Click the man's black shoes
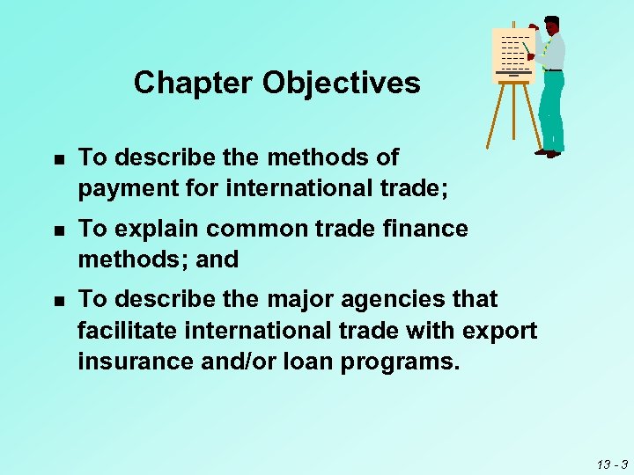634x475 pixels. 548,153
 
